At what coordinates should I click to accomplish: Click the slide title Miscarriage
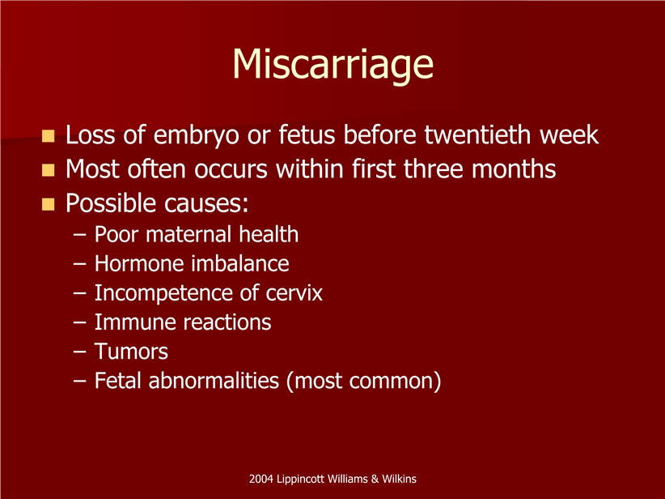click(x=333, y=65)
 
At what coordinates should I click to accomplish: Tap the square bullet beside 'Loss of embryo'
click(x=49, y=136)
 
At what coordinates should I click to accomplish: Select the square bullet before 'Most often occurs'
click(x=49, y=170)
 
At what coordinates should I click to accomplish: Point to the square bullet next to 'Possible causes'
click(x=49, y=204)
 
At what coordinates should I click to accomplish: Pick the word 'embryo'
click(x=197, y=136)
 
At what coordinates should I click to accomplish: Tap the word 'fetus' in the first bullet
click(x=307, y=134)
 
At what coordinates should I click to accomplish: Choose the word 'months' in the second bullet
click(x=514, y=168)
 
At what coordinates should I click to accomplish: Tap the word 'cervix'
click(x=294, y=293)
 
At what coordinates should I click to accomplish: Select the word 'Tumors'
click(x=131, y=352)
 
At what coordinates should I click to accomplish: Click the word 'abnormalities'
click(x=214, y=381)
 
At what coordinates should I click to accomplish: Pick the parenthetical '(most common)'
click(x=364, y=381)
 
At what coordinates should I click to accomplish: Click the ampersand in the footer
click(x=375, y=479)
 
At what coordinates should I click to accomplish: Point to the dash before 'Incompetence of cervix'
click(x=80, y=293)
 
